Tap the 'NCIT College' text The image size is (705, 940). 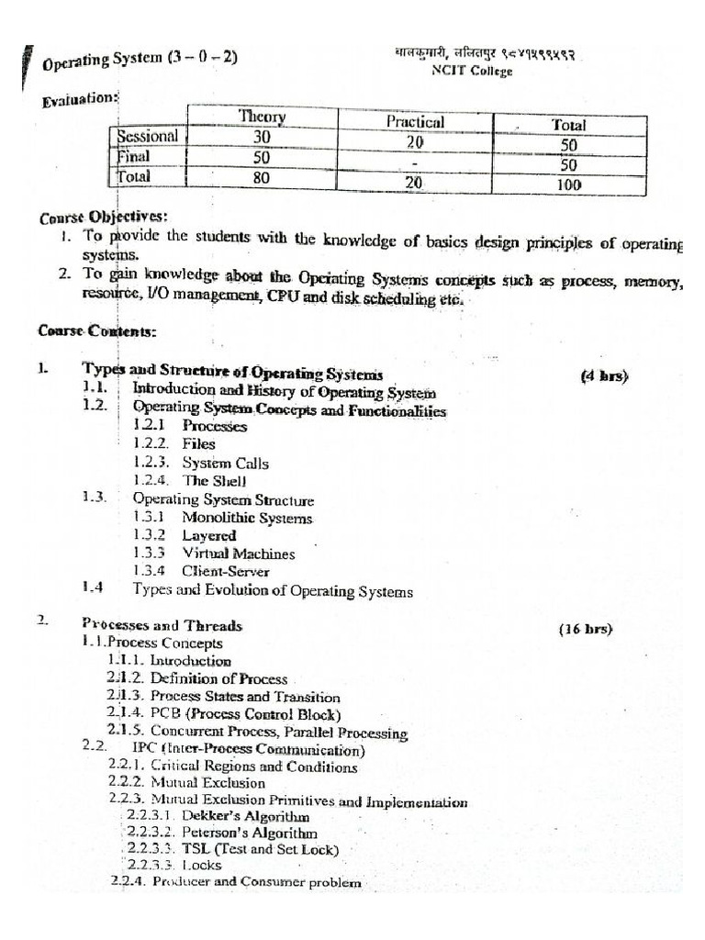473,72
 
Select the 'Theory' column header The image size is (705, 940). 263,117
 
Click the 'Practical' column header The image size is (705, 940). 415,122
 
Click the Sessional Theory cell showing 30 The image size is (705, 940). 262,137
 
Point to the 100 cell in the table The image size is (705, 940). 570,185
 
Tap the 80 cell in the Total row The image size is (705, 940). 262,177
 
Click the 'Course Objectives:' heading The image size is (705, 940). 104,218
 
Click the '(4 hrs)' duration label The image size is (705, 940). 604,375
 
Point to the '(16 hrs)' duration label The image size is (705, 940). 585,630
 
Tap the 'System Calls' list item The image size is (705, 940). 225,464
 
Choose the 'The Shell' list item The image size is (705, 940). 215,481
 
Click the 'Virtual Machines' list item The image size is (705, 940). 239,554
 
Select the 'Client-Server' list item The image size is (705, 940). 226,572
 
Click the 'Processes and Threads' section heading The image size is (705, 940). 162,626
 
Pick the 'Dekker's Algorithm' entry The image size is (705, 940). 245,816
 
